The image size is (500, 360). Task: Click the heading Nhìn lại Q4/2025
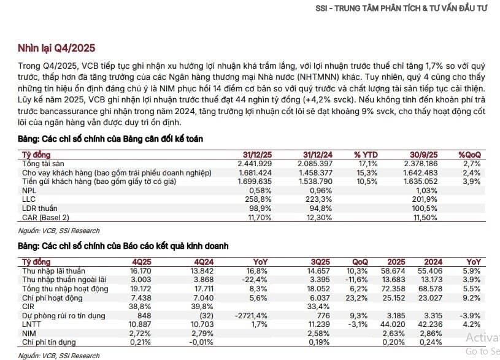pyautogui.click(x=56, y=48)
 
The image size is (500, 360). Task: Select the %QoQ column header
pyautogui.click(x=471, y=156)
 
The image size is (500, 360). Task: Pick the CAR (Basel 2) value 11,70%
pyautogui.click(x=258, y=218)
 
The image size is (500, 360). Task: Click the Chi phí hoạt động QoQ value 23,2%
pyautogui.click(x=357, y=298)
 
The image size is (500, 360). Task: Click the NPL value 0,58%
pyautogui.click(x=260, y=191)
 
